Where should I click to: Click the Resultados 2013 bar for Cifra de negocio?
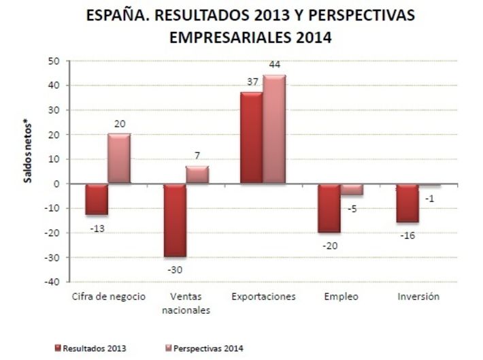97,199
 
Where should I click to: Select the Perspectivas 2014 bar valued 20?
119,159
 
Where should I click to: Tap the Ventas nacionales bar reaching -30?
175,220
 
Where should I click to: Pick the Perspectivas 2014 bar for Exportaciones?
274,129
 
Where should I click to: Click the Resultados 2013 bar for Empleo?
329,208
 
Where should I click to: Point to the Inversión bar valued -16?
407,203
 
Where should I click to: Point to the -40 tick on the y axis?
54,282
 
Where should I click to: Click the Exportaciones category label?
263,297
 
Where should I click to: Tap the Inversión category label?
418,297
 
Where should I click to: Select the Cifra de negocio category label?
109,297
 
